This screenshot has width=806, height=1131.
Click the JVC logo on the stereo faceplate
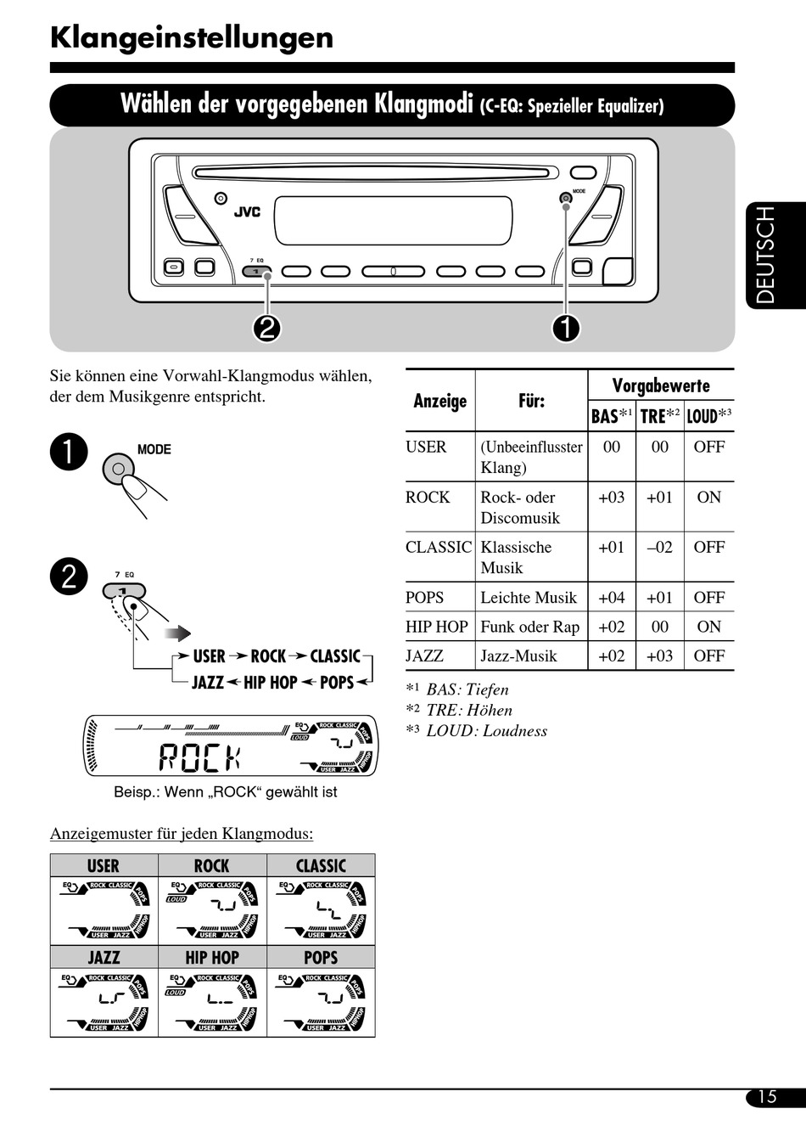[247, 212]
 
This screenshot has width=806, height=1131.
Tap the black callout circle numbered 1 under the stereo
[566, 328]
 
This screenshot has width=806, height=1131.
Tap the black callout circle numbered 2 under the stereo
[266, 328]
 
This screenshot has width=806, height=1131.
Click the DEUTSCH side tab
[766, 256]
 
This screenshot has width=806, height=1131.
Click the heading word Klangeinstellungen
[192, 38]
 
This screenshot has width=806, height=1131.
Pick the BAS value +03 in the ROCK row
[611, 498]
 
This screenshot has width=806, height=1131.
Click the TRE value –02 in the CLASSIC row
[659, 548]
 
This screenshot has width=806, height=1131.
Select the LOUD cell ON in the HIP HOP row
[708, 627]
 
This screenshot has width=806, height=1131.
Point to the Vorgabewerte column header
[661, 385]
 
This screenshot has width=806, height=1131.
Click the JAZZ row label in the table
[424, 656]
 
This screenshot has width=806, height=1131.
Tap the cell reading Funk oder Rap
[529, 627]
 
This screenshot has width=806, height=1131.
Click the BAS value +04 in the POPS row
[611, 598]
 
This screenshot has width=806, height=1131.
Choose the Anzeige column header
[439, 401]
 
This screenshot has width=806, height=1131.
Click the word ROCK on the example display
[200, 757]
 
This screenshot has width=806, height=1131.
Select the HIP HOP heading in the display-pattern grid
[212, 958]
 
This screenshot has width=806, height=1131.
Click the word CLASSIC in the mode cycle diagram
[335, 656]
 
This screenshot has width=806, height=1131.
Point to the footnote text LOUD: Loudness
[486, 731]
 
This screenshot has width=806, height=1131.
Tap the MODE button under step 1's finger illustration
[119, 469]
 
